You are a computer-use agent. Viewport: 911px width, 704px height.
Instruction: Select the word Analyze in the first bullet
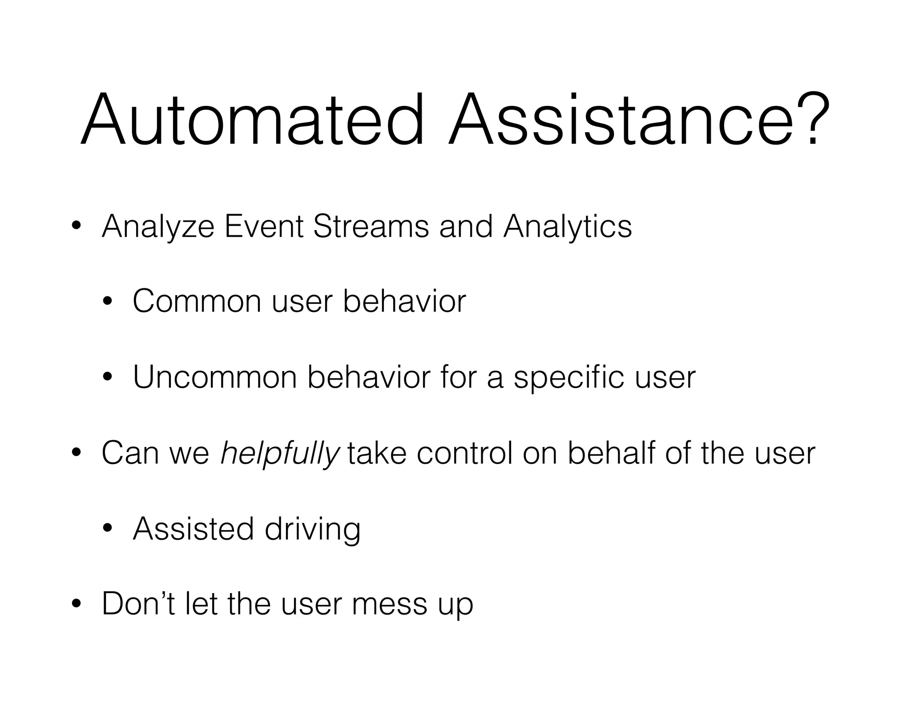tap(157, 227)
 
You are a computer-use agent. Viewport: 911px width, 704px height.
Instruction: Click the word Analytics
tap(567, 227)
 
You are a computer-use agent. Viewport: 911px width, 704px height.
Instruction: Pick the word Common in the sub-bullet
tap(197, 302)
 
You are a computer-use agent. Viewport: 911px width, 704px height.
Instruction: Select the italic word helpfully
tap(280, 454)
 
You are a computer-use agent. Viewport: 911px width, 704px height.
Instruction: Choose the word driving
tap(312, 530)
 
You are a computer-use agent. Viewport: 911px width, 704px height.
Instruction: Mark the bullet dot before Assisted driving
tap(107, 529)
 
